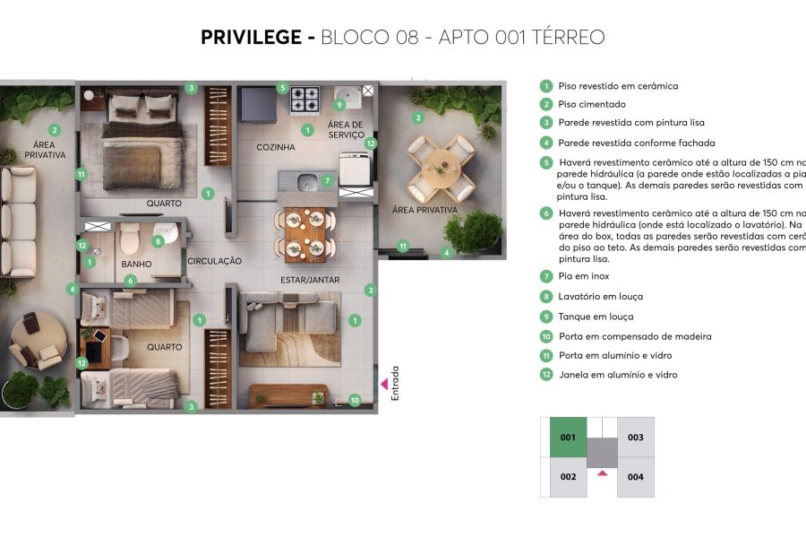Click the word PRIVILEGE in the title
tap(252, 38)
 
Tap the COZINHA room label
tap(275, 147)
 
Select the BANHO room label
tap(136, 264)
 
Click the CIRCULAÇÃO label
tap(215, 261)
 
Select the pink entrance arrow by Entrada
tap(385, 384)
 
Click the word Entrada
tap(396, 382)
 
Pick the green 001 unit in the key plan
tap(567, 438)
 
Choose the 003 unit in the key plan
tap(635, 438)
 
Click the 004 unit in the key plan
tap(635, 477)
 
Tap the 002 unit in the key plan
tap(567, 477)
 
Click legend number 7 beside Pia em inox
tap(545, 276)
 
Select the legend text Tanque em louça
tap(596, 317)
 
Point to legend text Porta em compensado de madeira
tap(634, 336)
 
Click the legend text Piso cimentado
tap(591, 104)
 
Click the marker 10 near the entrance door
tap(356, 401)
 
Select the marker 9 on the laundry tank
tap(339, 104)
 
